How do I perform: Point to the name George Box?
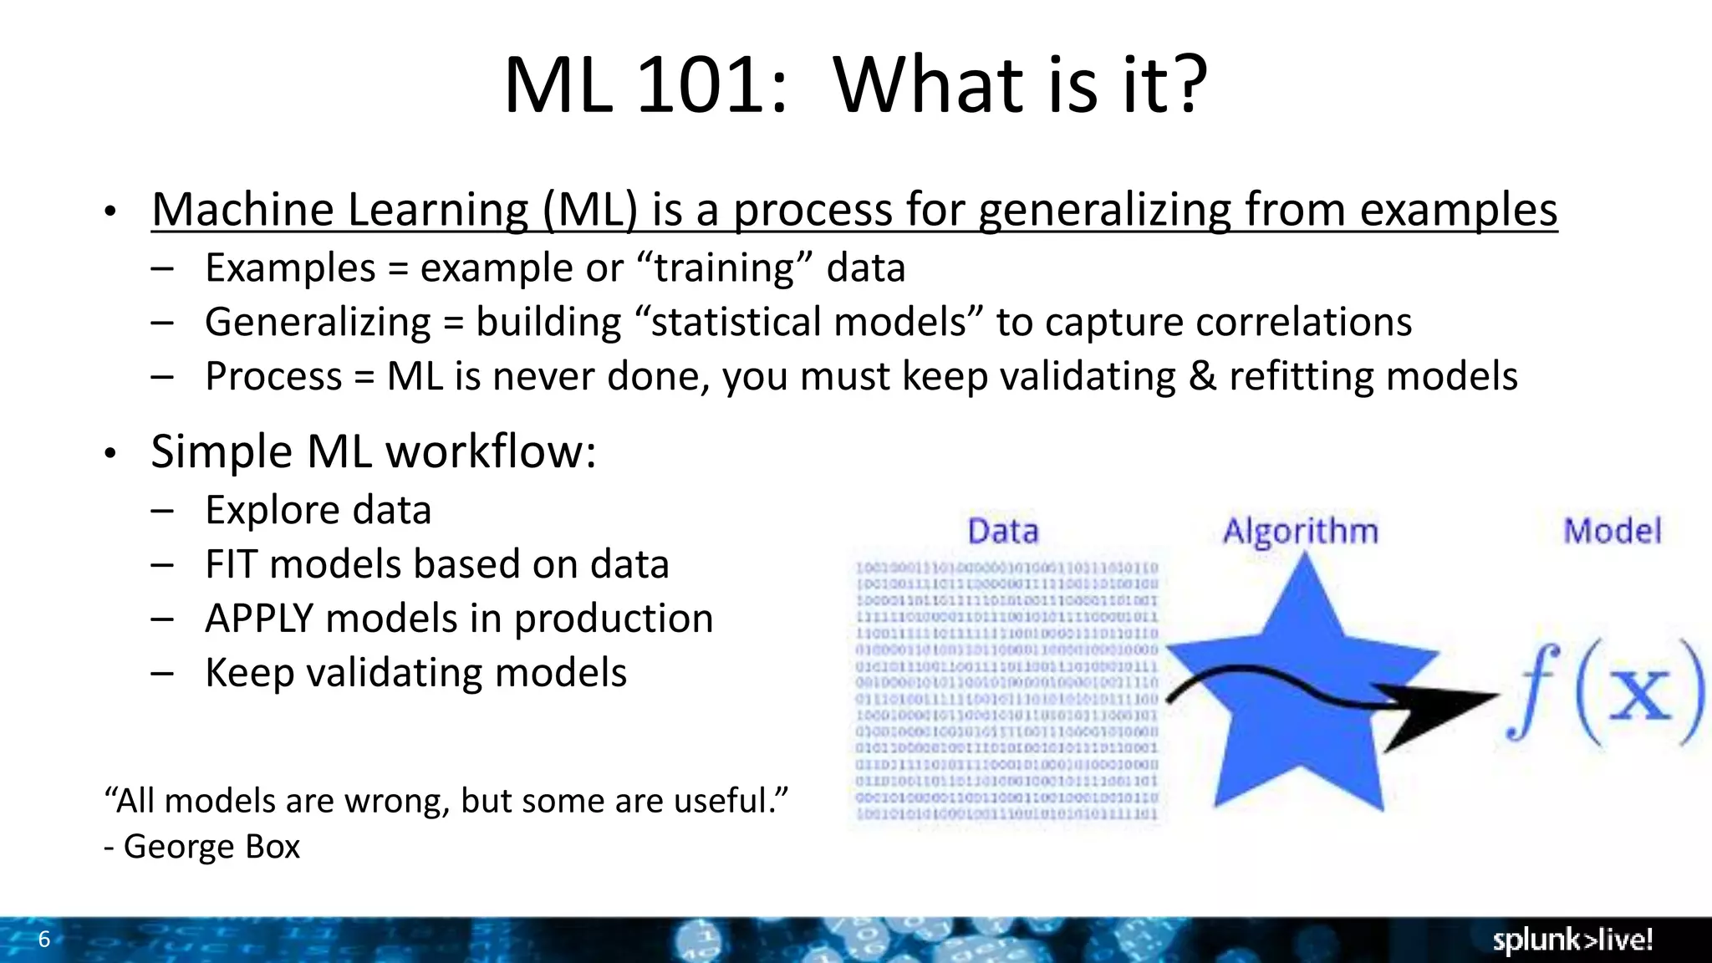click(211, 846)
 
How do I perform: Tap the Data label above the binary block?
click(1002, 532)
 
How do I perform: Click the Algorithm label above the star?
click(1300, 532)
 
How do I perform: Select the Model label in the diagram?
click(1612, 532)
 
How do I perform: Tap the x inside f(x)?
click(1640, 693)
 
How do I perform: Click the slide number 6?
click(44, 939)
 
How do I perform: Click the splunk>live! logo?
click(1572, 940)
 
